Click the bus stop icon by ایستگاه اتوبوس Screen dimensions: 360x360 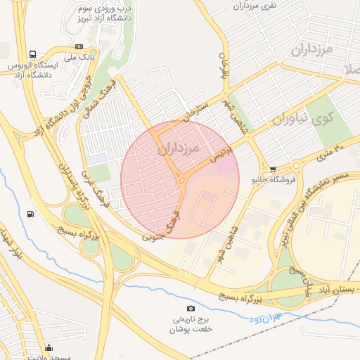[x=33, y=55]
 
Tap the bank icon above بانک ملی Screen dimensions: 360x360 [x=78, y=46]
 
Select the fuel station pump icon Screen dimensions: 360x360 [x=30, y=214]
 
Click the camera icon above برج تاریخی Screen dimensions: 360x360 [x=191, y=309]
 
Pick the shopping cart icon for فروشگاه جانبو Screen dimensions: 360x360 [x=273, y=169]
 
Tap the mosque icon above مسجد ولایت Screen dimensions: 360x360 [x=49, y=347]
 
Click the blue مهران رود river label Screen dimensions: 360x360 [x=264, y=318]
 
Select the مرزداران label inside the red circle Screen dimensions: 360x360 [x=179, y=149]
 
